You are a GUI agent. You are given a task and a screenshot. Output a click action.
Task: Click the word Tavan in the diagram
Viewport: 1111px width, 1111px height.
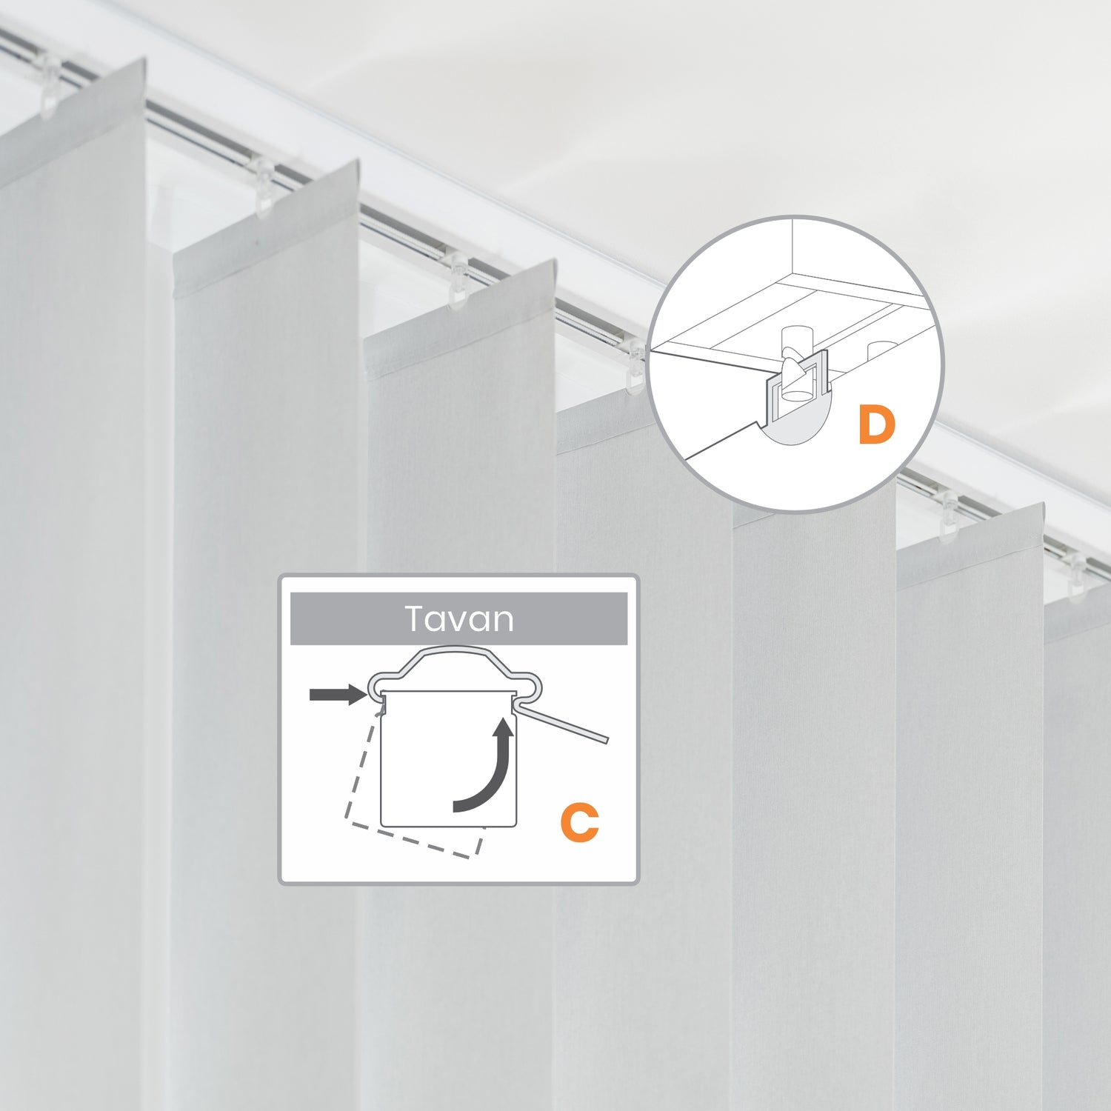[459, 619]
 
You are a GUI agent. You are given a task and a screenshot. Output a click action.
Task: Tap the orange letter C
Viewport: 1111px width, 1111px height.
[579, 822]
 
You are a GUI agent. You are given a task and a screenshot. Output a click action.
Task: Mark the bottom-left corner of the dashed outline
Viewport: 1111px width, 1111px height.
[345, 821]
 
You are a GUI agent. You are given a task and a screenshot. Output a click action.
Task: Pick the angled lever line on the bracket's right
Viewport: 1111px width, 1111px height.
[563, 723]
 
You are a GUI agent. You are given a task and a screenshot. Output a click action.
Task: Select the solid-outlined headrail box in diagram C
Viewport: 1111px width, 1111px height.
[448, 758]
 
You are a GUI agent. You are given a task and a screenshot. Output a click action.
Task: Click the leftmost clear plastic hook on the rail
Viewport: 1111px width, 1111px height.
[49, 85]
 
